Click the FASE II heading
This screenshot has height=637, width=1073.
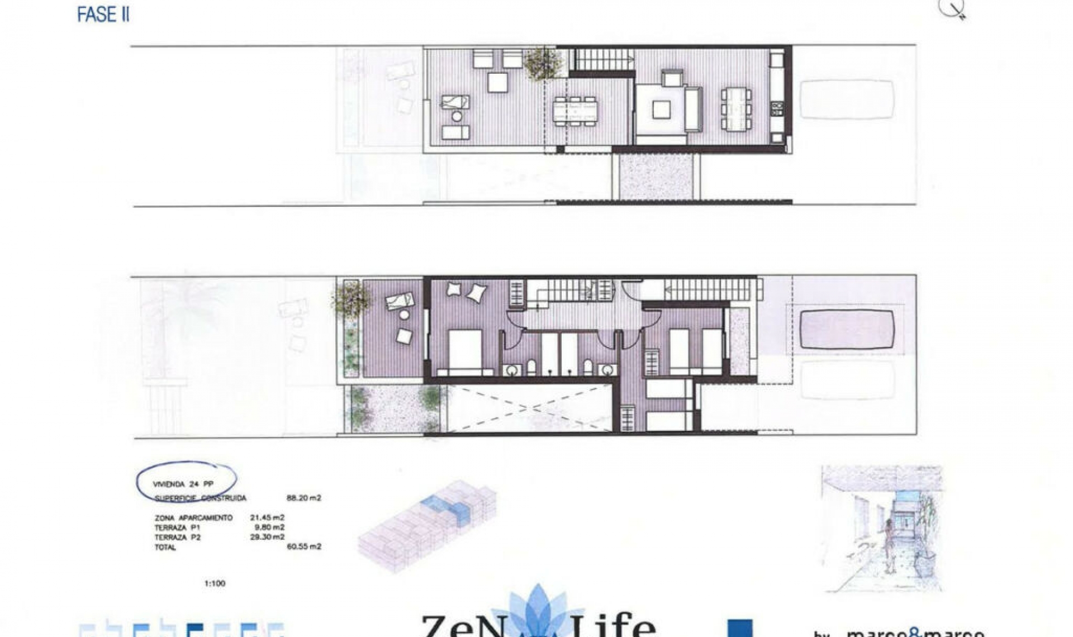(x=103, y=15)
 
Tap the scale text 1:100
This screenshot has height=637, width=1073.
(x=215, y=583)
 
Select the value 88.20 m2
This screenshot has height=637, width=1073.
(x=303, y=498)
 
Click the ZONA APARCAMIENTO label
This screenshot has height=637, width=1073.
(x=193, y=518)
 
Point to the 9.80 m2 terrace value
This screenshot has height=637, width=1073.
(x=269, y=527)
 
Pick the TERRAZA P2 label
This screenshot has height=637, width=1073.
(x=177, y=537)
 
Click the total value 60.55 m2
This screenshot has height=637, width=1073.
(x=303, y=546)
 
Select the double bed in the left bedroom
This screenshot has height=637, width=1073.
(x=465, y=350)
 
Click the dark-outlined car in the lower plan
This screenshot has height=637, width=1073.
(x=847, y=329)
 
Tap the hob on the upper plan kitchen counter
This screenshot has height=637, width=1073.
(x=777, y=108)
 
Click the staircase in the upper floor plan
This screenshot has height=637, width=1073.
(x=604, y=59)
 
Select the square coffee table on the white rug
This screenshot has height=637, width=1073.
(x=661, y=110)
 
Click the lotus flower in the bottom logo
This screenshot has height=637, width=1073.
(x=538, y=612)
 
